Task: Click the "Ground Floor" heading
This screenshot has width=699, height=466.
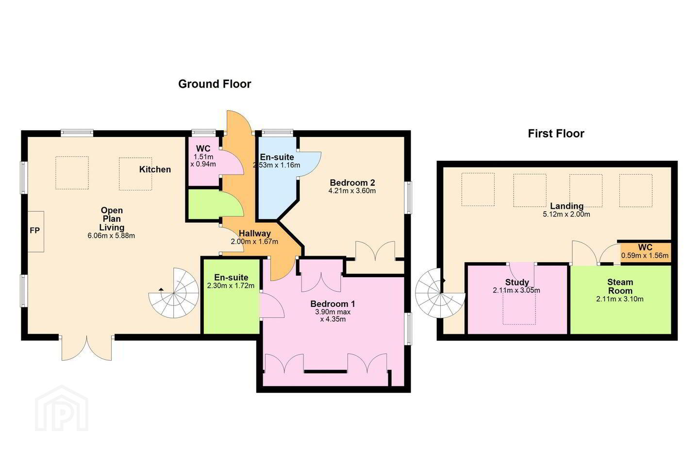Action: tap(215, 84)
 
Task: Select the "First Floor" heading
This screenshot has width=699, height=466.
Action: tap(556, 133)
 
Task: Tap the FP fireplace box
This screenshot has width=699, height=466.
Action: tap(35, 231)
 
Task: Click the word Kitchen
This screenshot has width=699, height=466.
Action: tap(155, 169)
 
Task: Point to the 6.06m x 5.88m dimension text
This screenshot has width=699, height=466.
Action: tap(112, 235)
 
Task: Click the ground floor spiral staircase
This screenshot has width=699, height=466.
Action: tap(173, 293)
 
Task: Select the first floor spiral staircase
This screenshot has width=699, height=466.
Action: tap(440, 293)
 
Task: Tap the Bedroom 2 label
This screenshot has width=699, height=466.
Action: tap(352, 183)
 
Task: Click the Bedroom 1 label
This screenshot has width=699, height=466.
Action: tap(333, 304)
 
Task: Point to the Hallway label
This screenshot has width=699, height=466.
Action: tap(255, 233)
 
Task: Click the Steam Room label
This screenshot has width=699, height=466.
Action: tap(620, 286)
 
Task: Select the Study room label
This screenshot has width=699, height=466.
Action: tap(517, 282)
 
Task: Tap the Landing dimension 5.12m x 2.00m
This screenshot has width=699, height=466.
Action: tap(566, 215)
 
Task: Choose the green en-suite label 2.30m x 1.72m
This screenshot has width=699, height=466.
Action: tap(231, 285)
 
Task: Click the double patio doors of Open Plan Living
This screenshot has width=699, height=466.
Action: tap(87, 348)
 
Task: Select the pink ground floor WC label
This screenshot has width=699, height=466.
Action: tap(203, 149)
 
